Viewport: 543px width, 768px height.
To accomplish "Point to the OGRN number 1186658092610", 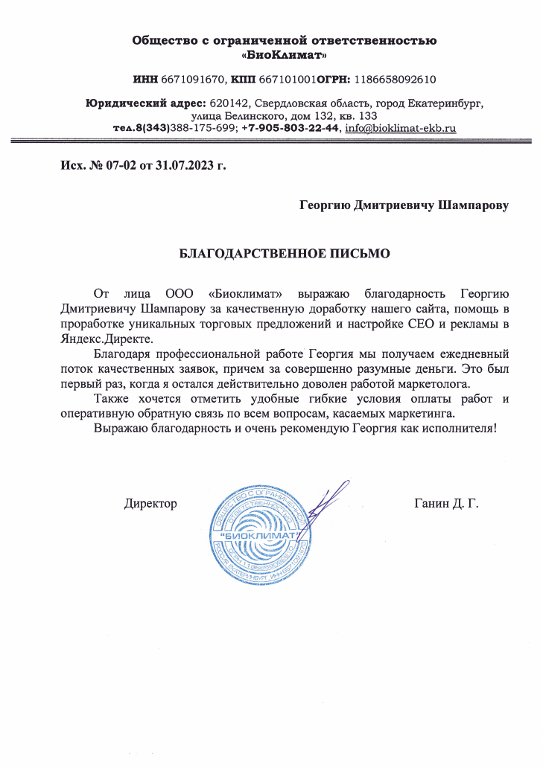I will tap(401, 79).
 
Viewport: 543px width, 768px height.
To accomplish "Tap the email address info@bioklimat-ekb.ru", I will tap(401, 128).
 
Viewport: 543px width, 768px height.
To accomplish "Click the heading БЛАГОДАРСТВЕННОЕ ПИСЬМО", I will tap(285, 253).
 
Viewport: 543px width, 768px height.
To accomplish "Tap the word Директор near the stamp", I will tap(150, 504).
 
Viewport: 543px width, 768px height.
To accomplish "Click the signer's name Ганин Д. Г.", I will tap(445, 504).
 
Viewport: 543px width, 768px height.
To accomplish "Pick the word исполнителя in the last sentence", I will tap(455, 429).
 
